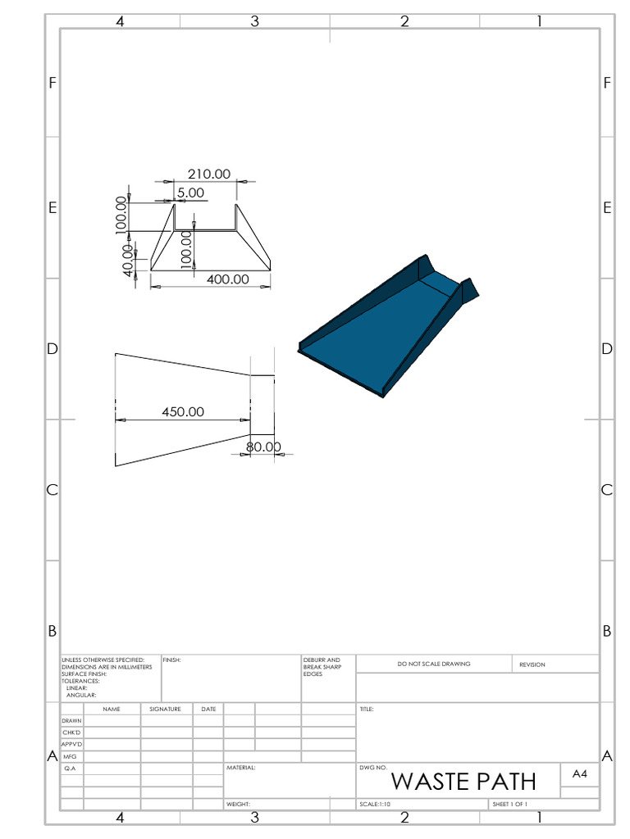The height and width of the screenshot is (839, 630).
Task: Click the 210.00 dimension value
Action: [x=209, y=174]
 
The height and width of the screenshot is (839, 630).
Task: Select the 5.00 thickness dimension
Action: [x=190, y=193]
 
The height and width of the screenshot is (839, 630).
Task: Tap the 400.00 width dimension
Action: [x=228, y=279]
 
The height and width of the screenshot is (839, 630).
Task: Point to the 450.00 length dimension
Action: [x=183, y=411]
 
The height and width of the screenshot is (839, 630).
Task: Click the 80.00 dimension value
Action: [x=263, y=447]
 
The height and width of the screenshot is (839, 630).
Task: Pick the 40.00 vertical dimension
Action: [x=128, y=261]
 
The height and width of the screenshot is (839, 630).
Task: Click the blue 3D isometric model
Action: [x=388, y=326]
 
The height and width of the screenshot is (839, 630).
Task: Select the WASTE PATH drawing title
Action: [x=463, y=782]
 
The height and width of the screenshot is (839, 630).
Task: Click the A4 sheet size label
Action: [x=580, y=773]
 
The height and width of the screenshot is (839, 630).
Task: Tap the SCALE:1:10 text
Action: [x=375, y=805]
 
